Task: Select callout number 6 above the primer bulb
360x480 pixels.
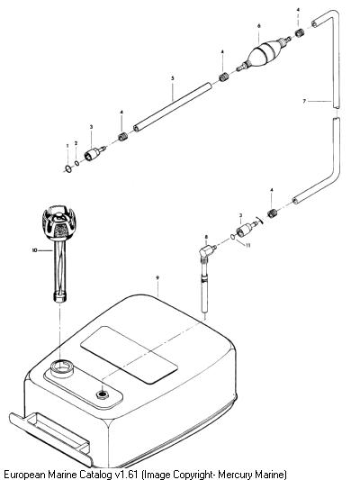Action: pyautogui.click(x=259, y=26)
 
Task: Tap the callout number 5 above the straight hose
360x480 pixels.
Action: pyautogui.click(x=173, y=78)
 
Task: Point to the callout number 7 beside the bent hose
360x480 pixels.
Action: pyautogui.click(x=304, y=101)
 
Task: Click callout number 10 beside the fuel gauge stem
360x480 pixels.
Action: pyautogui.click(x=34, y=250)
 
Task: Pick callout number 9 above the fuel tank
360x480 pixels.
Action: pyautogui.click(x=157, y=277)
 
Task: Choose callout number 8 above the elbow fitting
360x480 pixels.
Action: pyautogui.click(x=206, y=237)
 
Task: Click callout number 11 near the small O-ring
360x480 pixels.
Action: pyautogui.click(x=248, y=245)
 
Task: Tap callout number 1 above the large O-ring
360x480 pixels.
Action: pyautogui.click(x=67, y=146)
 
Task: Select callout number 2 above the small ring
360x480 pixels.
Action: pyautogui.click(x=76, y=143)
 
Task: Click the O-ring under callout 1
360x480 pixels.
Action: pyautogui.click(x=68, y=168)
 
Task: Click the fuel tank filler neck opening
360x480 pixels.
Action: pyautogui.click(x=62, y=367)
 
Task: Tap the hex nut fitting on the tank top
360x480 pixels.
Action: pyautogui.click(x=103, y=394)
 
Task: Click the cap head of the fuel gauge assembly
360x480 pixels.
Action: pyautogui.click(x=58, y=222)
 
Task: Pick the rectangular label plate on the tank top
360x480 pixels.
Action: pyautogui.click(x=129, y=355)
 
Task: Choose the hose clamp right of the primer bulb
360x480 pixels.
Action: pyautogui.click(x=300, y=32)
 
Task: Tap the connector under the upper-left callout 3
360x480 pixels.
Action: pyautogui.click(x=94, y=152)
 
